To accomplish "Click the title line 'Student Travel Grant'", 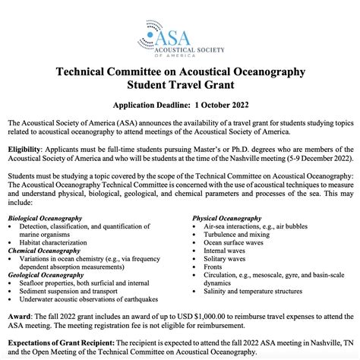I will (x=180, y=85).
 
